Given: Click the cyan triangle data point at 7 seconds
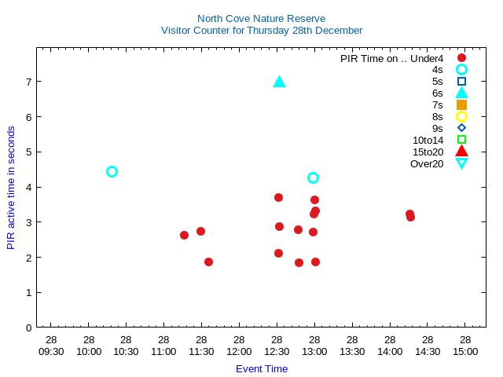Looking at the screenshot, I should [x=279, y=82].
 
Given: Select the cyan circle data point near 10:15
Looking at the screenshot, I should [x=112, y=171].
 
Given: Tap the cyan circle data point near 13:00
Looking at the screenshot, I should [x=313, y=178].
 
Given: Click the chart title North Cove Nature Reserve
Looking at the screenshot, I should [x=261, y=18].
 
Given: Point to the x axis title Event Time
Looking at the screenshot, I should [x=261, y=368].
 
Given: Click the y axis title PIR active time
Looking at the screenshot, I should [x=11, y=188].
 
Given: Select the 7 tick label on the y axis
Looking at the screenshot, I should [x=28, y=82].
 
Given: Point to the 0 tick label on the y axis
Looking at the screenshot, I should [x=28, y=328].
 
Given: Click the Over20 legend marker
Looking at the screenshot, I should [x=461, y=163].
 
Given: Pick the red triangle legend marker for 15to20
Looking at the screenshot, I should [x=461, y=152].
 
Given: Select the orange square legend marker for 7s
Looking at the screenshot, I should [x=461, y=104].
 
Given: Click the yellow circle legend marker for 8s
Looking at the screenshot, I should [x=461, y=116].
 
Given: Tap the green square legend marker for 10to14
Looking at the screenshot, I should [x=461, y=140].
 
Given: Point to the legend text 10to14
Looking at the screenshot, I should [x=428, y=140].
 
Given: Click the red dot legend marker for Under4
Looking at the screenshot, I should [x=461, y=57].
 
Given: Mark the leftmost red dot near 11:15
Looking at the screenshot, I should [x=184, y=235].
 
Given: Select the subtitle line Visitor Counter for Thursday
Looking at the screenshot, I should [x=261, y=31].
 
